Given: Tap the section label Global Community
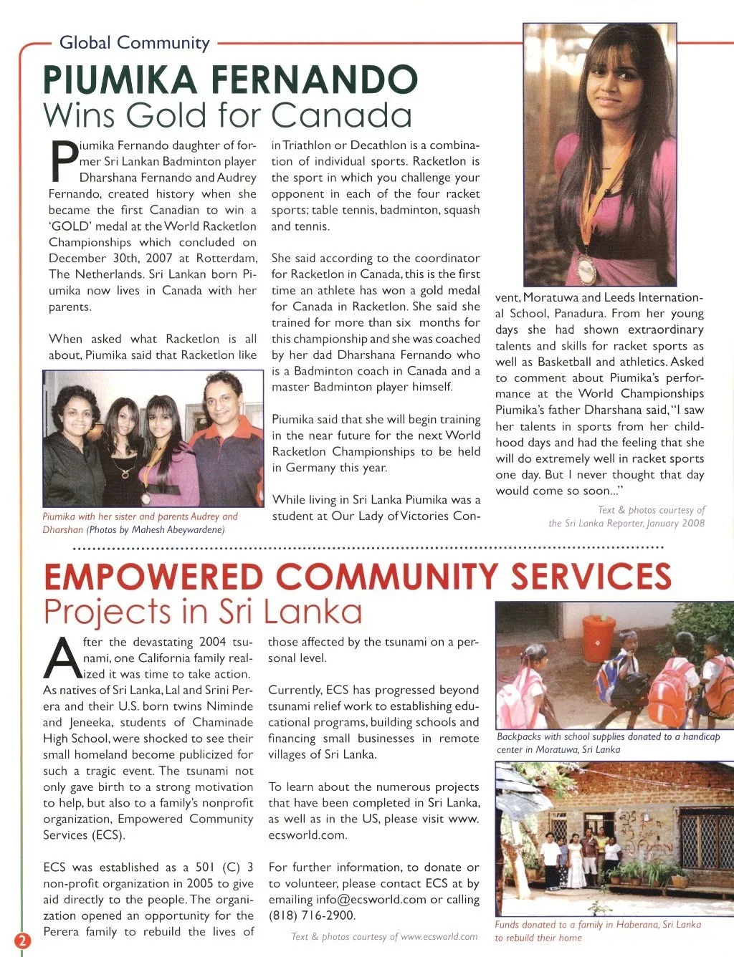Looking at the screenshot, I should coord(134,43).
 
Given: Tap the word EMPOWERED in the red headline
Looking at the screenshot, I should coord(153,577).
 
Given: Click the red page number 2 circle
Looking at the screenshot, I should coord(22,941).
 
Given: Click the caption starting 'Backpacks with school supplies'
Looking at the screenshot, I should coord(608,743).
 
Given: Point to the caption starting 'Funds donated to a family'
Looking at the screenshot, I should coord(597,931).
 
